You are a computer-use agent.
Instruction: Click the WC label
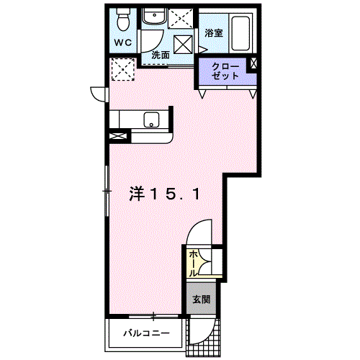[123, 42]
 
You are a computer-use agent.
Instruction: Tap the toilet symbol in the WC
[123, 19]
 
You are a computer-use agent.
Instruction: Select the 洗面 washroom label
[161, 55]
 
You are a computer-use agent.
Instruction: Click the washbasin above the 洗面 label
[154, 16]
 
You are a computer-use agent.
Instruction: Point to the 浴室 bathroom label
[214, 33]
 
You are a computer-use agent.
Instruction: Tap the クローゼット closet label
[225, 71]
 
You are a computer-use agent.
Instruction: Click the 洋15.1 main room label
[165, 194]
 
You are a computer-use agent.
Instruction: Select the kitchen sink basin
[151, 120]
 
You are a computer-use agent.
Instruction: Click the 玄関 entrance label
[202, 300]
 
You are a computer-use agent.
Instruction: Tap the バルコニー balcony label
[147, 333]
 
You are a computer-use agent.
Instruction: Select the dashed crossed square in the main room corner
[123, 69]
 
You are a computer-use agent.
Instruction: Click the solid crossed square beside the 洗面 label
[183, 45]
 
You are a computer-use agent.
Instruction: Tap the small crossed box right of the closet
[253, 63]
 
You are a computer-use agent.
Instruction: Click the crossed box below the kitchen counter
[118, 136]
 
